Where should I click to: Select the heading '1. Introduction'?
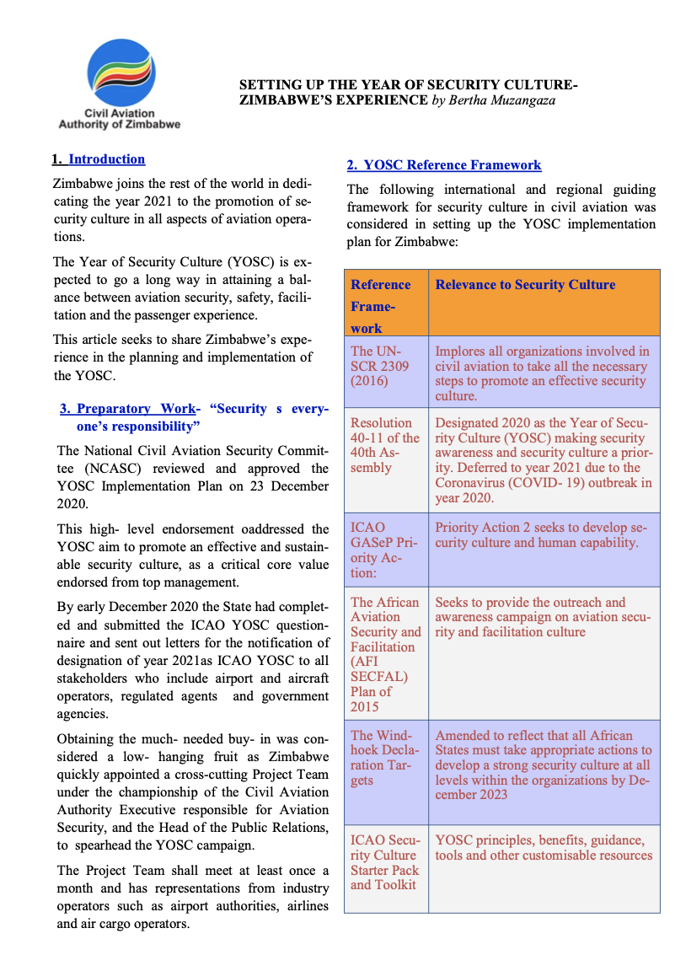click(x=99, y=159)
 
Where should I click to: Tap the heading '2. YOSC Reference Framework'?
click(x=444, y=165)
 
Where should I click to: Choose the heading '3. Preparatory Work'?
click(x=127, y=409)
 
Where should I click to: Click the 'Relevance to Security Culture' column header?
click(x=525, y=285)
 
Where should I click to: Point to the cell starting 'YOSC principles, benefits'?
click(x=543, y=848)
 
